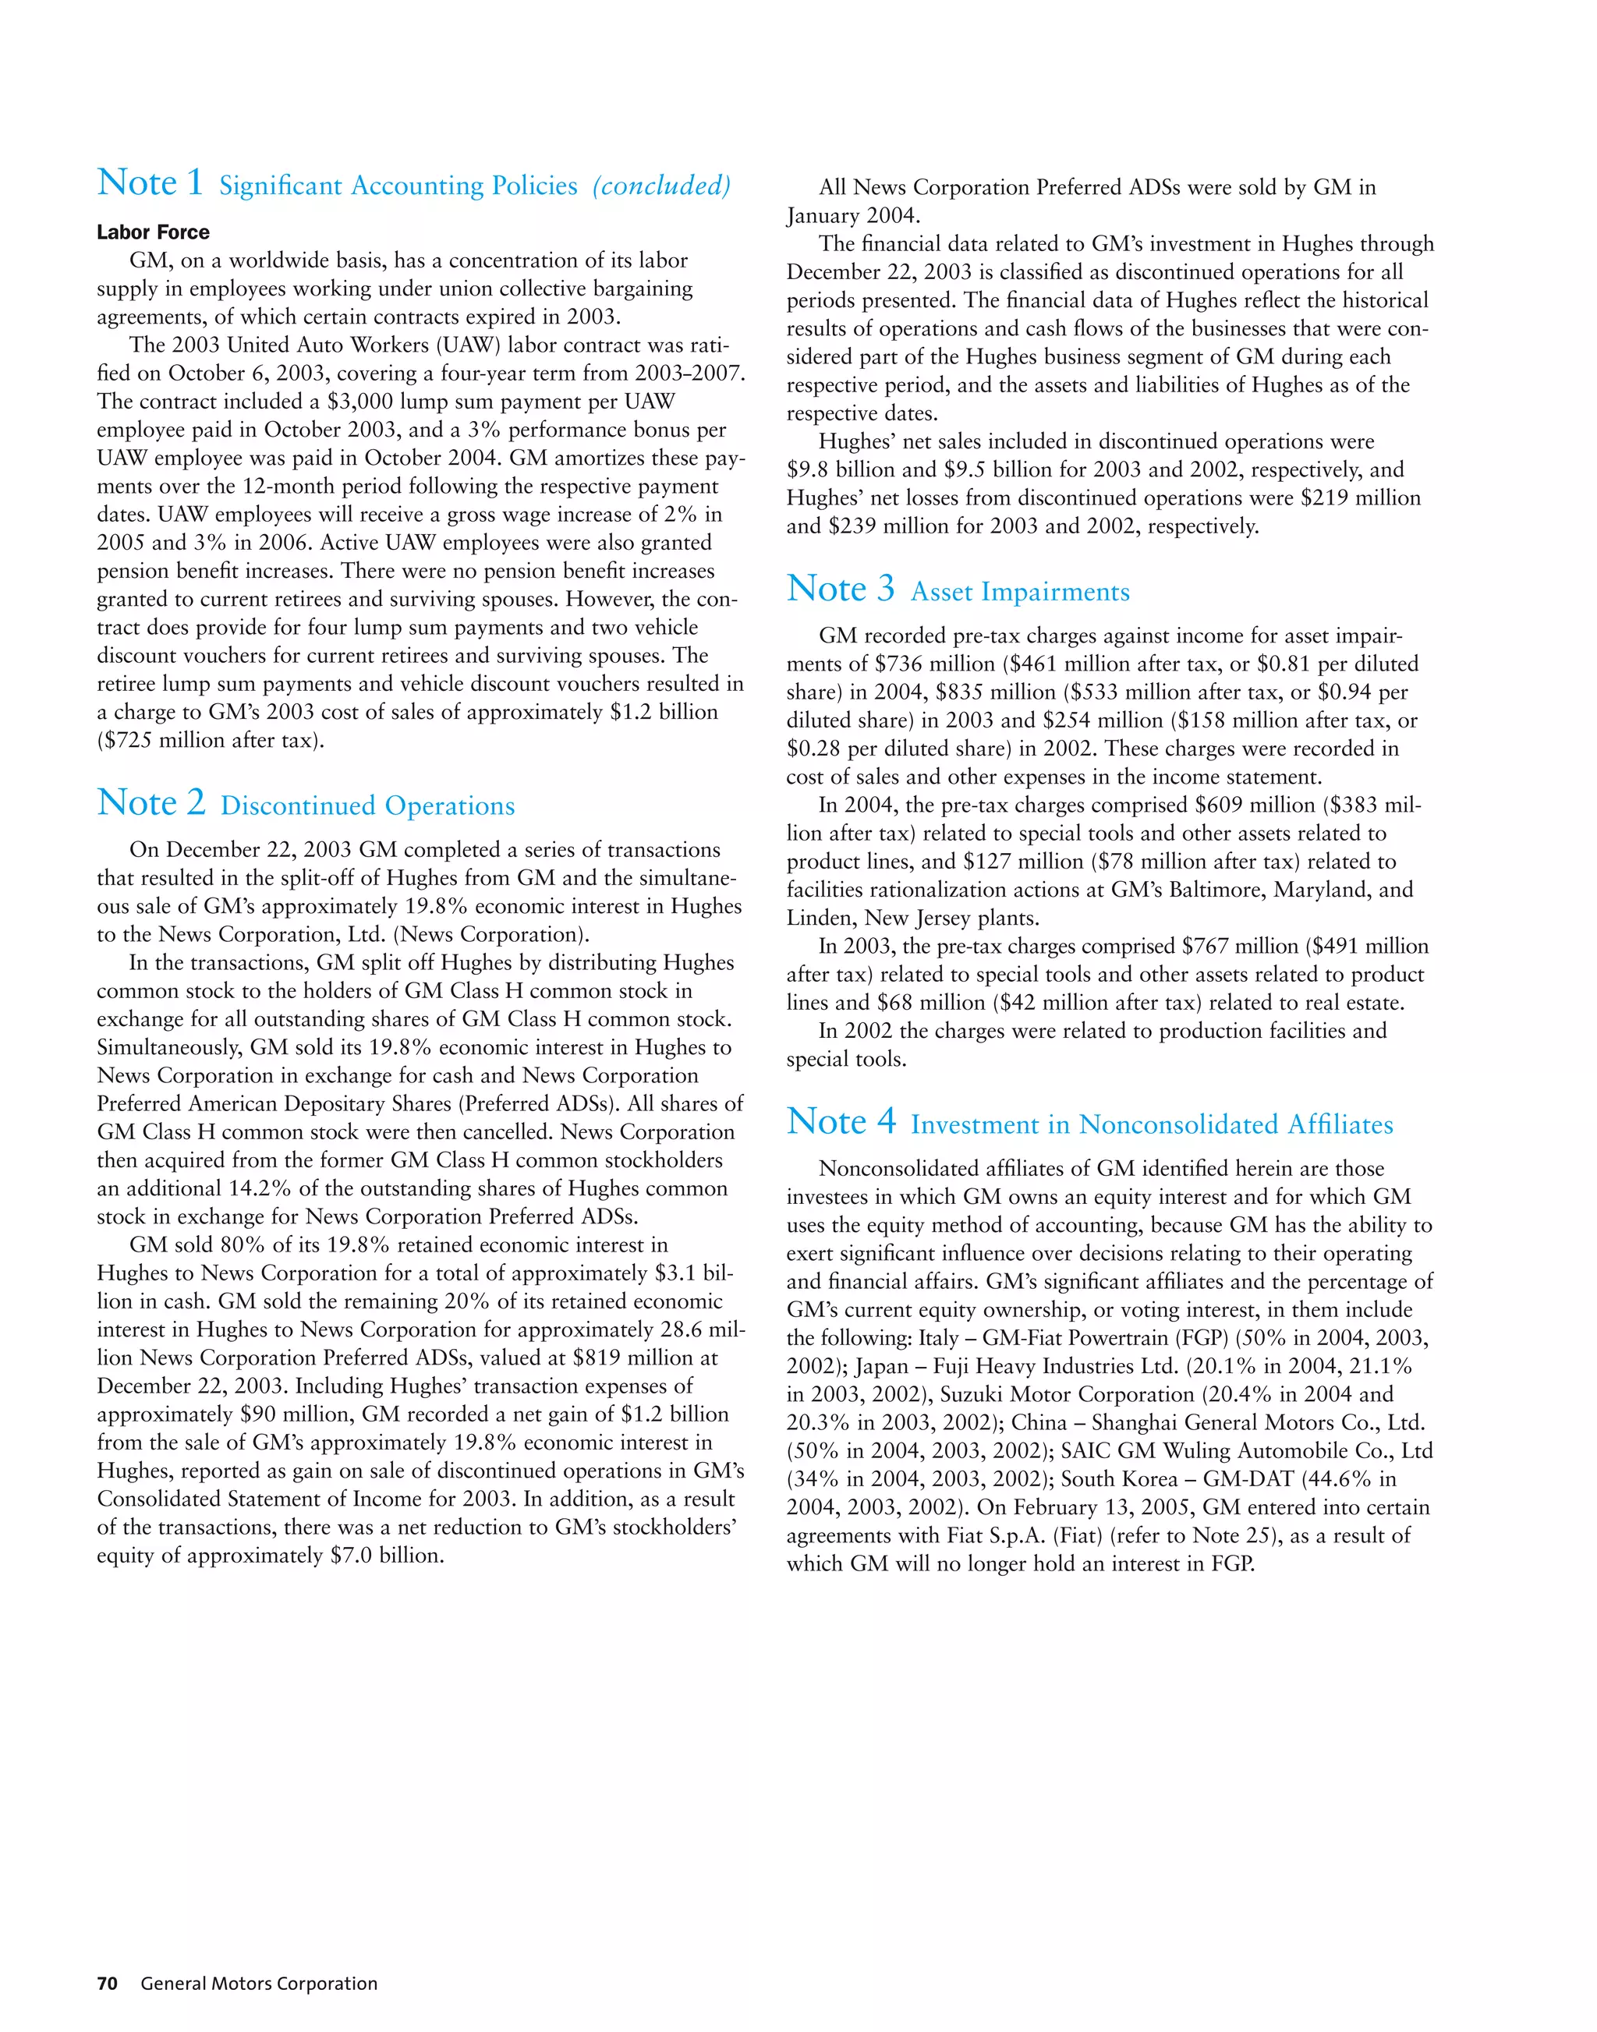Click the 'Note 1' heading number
click(150, 182)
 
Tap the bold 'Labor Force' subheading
click(154, 232)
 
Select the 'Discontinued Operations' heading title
click(367, 806)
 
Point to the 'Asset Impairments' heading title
click(1020, 592)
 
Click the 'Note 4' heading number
click(841, 1121)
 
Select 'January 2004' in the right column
click(853, 215)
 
